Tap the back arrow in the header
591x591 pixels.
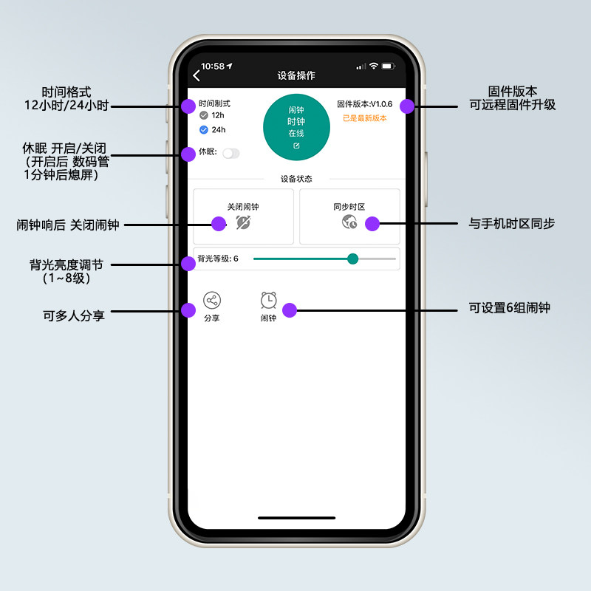click(x=197, y=75)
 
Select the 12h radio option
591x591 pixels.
click(x=204, y=115)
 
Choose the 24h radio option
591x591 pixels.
click(x=204, y=130)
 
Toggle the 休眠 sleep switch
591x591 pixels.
click(x=231, y=153)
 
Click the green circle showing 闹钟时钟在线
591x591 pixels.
click(x=296, y=126)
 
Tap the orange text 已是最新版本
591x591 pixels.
click(x=365, y=118)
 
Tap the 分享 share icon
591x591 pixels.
click(x=212, y=301)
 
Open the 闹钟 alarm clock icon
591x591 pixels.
click(x=268, y=301)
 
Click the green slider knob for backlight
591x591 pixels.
click(x=353, y=259)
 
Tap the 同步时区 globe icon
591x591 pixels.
click(x=349, y=222)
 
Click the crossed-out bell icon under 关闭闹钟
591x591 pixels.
click(x=243, y=222)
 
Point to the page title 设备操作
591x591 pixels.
click(x=296, y=75)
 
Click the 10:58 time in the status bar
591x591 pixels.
click(x=213, y=66)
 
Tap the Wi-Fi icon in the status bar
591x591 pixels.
click(x=374, y=66)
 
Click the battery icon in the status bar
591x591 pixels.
click(x=390, y=66)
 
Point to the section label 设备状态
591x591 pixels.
click(x=296, y=179)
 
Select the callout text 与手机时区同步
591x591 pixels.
click(x=511, y=223)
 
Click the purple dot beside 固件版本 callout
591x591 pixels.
click(x=407, y=106)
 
